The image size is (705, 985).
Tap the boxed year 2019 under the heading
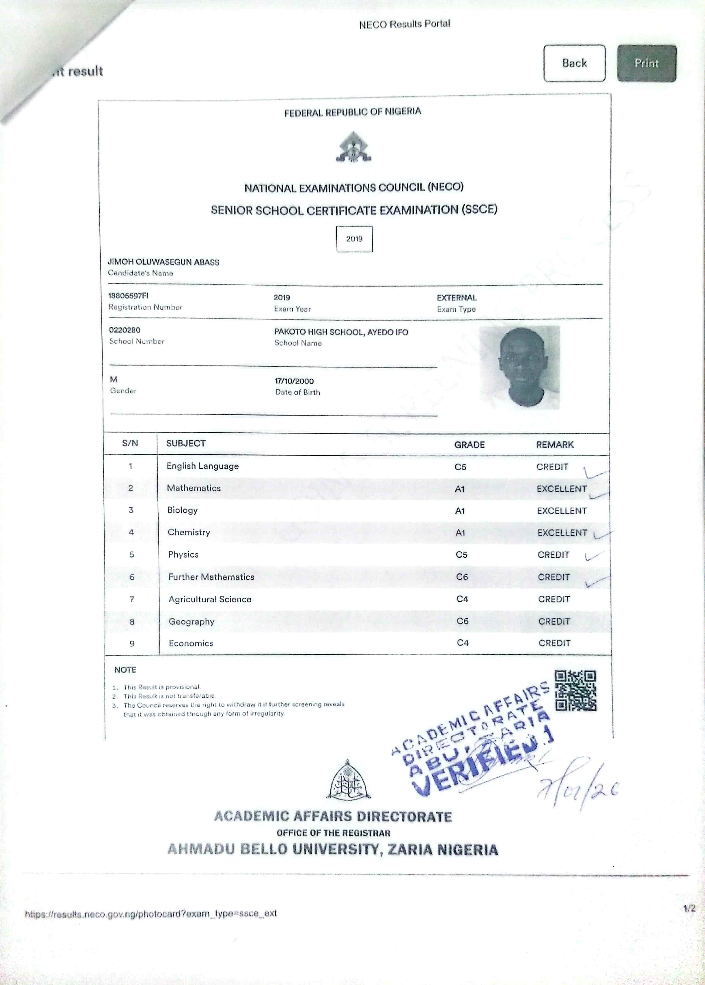(x=354, y=239)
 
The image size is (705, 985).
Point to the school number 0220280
(x=125, y=330)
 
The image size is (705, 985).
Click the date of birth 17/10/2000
(x=294, y=381)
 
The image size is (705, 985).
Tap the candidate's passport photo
(x=520, y=367)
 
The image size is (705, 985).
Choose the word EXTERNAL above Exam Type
(x=457, y=298)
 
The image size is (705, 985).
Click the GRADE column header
(x=469, y=445)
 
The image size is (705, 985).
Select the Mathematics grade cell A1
(x=460, y=489)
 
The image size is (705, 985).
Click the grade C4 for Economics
(x=463, y=643)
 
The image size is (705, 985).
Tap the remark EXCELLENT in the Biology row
(x=562, y=511)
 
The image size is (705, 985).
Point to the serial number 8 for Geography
(x=132, y=622)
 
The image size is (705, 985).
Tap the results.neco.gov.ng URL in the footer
(x=151, y=913)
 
